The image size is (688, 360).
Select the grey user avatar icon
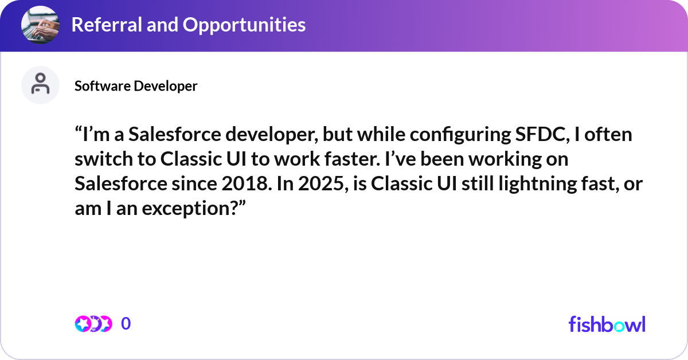pos(40,85)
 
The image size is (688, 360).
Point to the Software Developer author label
pos(136,86)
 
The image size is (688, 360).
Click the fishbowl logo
pos(607,324)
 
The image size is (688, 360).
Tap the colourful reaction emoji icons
pos(93,324)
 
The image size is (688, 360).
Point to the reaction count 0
pos(126,324)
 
